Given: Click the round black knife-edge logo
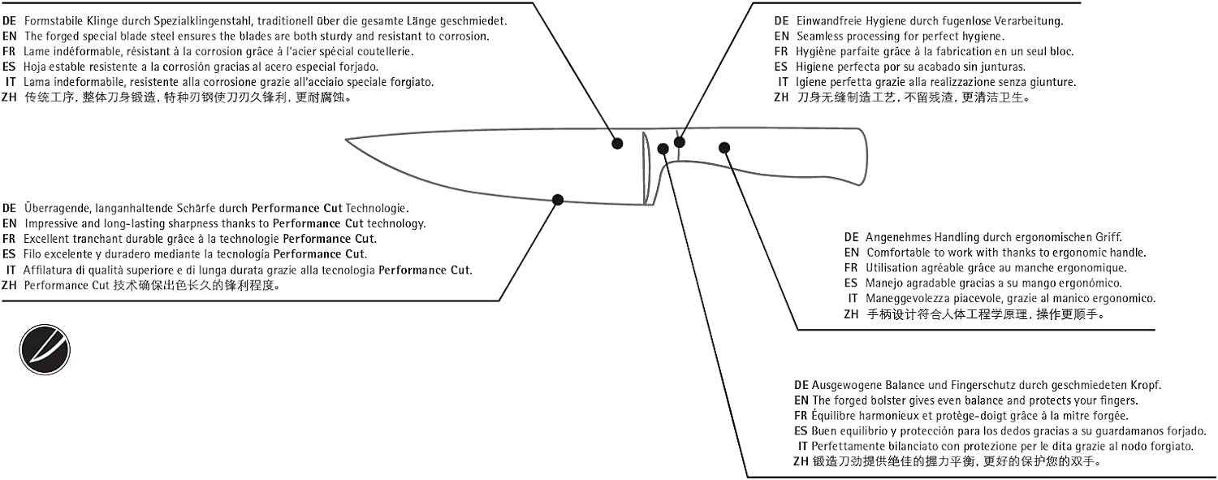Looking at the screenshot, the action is pos(45,349).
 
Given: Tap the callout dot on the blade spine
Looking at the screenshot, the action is pos(617,144).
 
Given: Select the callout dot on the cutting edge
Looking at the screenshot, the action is pos(557,200).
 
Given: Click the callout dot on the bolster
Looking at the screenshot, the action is pos(663,149).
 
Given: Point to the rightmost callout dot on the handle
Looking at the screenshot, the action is pos(724,147).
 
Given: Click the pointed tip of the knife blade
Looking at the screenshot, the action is pos(347,140).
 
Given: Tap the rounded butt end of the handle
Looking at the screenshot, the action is pos(865,157).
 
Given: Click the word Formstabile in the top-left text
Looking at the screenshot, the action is pos(54,21).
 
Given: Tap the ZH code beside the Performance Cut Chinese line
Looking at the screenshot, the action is pos(9,285).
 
